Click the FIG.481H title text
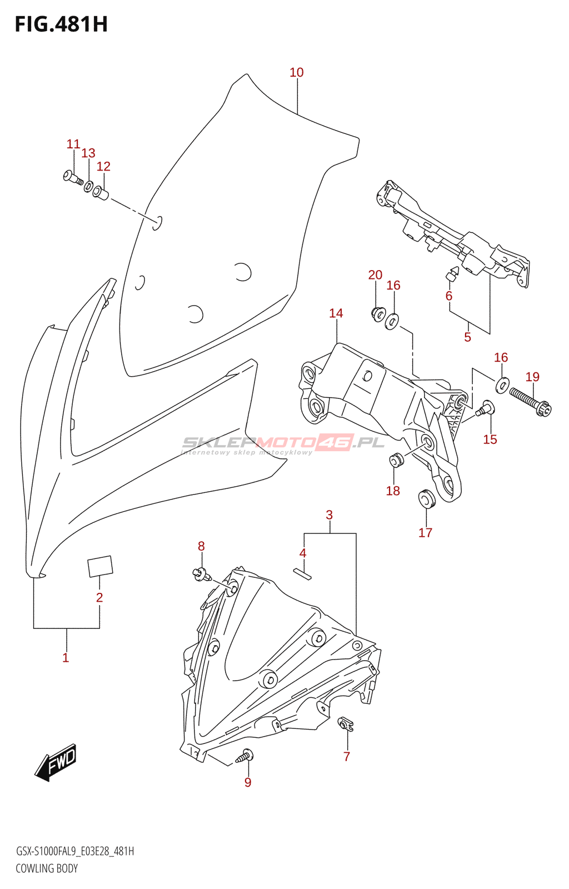(x=62, y=24)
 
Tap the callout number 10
(x=296, y=73)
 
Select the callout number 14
(x=336, y=313)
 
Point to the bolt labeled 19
(x=530, y=402)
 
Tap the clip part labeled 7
(x=345, y=723)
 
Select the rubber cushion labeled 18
(x=396, y=460)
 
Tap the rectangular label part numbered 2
(x=100, y=566)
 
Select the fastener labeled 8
(x=202, y=574)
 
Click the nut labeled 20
(x=378, y=313)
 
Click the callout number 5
(x=467, y=337)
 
